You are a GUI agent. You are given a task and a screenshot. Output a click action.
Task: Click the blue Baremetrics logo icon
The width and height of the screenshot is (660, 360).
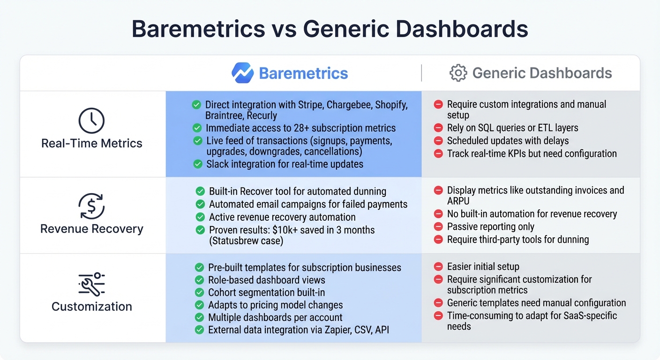click(242, 73)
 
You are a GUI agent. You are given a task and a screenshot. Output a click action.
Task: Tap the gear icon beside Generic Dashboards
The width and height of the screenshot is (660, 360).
click(458, 73)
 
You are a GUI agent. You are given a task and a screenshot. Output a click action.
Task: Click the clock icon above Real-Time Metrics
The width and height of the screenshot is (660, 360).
click(91, 120)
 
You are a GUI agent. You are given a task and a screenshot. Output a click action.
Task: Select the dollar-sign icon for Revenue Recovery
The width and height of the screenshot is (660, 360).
click(91, 206)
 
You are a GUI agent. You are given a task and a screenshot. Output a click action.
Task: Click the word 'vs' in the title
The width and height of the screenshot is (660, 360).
click(284, 29)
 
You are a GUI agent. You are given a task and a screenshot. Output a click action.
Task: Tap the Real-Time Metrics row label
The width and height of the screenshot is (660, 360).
click(91, 143)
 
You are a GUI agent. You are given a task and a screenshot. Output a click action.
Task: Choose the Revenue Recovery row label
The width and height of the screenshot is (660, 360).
click(91, 229)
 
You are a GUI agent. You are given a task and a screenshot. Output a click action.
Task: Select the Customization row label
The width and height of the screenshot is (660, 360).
click(91, 307)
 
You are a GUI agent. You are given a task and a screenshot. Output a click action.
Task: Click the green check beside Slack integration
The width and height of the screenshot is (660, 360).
click(197, 164)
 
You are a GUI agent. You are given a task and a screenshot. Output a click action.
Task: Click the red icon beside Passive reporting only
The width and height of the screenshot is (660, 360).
click(438, 227)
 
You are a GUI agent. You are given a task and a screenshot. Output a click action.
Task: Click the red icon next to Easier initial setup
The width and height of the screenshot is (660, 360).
click(438, 267)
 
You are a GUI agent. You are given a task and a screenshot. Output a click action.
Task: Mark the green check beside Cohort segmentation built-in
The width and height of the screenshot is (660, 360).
click(199, 292)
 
